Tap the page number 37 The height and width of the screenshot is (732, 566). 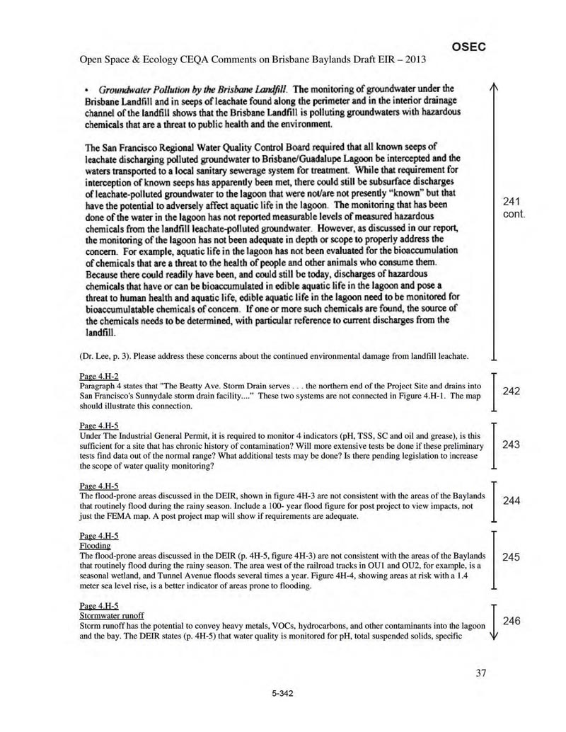481,673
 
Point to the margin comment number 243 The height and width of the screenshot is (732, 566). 512,445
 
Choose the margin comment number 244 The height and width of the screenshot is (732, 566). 512,501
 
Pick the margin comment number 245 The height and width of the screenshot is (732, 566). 512,557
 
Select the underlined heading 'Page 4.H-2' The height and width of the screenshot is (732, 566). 98,375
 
